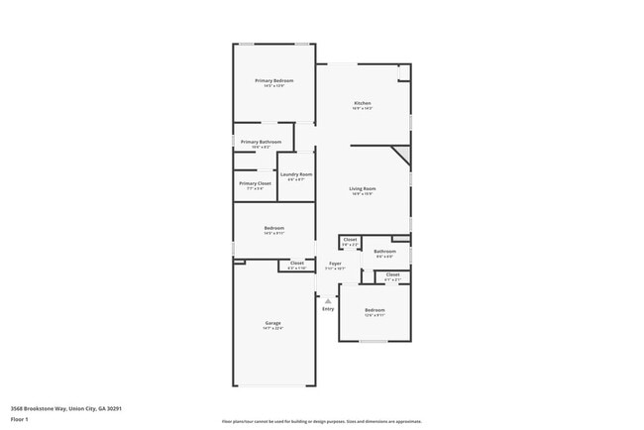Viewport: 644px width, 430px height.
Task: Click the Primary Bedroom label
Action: click(x=274, y=80)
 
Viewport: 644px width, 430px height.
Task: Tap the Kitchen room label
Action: click(x=364, y=104)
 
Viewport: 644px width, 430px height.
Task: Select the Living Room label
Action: click(x=362, y=188)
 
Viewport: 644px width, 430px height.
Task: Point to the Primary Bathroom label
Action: click(x=261, y=142)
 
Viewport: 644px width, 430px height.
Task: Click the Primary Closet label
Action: click(x=255, y=183)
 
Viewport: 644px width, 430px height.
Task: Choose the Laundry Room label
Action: click(x=296, y=174)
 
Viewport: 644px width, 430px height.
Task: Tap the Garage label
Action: click(x=273, y=323)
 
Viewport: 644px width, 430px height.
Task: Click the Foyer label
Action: click(x=336, y=264)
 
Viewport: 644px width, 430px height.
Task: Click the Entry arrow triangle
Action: click(x=328, y=299)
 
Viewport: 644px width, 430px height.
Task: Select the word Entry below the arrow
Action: click(x=328, y=309)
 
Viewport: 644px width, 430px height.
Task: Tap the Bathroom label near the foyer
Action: click(x=384, y=252)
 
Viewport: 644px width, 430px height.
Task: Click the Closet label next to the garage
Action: click(x=297, y=264)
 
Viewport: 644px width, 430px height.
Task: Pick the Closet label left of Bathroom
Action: click(x=350, y=240)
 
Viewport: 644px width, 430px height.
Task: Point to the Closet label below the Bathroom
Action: click(x=393, y=274)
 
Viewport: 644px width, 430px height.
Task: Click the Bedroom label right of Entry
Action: click(x=375, y=310)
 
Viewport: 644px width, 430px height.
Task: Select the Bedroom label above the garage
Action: click(x=273, y=228)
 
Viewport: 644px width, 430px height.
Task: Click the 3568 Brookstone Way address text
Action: click(x=66, y=408)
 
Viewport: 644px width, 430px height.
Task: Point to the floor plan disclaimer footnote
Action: click(x=322, y=421)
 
